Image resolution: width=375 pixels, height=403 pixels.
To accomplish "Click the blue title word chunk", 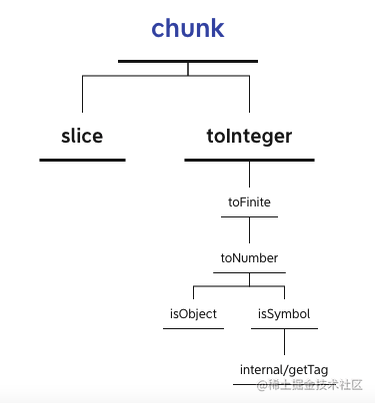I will (x=187, y=29).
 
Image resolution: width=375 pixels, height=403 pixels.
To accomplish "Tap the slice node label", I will (x=82, y=136).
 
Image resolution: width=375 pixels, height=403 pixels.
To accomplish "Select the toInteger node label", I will (x=249, y=136).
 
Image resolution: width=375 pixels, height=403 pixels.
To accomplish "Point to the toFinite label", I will (x=249, y=201).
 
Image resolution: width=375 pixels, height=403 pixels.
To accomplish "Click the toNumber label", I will (x=249, y=258).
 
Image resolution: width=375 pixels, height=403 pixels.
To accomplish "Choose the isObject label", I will (x=193, y=313).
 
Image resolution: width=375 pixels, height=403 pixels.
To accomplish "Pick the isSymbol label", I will (x=284, y=313).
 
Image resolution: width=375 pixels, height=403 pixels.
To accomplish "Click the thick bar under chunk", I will (x=188, y=62).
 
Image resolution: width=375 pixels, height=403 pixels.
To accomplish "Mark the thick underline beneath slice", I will (x=82, y=160).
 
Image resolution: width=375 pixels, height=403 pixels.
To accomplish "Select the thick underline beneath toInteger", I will (x=249, y=160).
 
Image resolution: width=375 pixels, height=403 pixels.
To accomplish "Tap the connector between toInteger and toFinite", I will (x=249, y=178).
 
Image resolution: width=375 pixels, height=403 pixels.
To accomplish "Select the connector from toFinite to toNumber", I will (x=249, y=233).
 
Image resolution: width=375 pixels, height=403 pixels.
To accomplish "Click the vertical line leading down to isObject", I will (x=193, y=295).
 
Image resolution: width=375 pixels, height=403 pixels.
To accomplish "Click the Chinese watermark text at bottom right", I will (x=310, y=385).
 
